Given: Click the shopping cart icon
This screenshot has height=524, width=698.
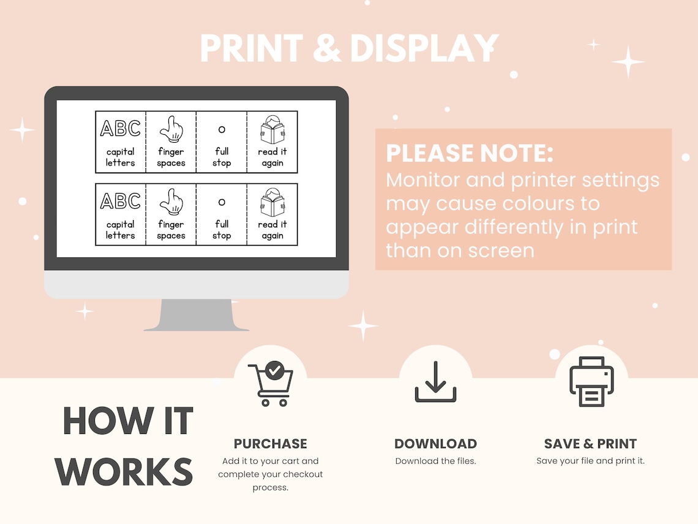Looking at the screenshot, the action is coord(271,384).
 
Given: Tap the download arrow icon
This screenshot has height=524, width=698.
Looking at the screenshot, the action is coord(435,382).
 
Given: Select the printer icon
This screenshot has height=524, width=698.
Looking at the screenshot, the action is coord(591,381).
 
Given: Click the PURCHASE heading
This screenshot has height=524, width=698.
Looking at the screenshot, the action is coord(270,444).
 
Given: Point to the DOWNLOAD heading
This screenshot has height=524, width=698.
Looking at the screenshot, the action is coord(435,444).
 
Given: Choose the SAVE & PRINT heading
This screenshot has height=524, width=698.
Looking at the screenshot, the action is coord(590,444).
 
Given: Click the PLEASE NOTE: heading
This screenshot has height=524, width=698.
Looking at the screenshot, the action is coord(469,153).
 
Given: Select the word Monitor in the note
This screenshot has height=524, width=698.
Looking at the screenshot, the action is coord(423,180).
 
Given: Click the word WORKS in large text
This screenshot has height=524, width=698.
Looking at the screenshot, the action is coord(124,472).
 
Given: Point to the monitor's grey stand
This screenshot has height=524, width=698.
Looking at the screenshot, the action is coord(197,314).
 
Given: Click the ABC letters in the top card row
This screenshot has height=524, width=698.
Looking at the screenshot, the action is coord(120,128).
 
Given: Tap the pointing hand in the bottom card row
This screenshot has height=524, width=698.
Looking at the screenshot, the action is coord(171,202).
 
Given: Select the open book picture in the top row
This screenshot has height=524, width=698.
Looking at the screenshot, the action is coord(272,130).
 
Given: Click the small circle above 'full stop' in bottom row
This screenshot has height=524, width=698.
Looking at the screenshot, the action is coord(222,202).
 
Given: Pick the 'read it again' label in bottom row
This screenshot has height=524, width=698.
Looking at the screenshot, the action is coord(272,229).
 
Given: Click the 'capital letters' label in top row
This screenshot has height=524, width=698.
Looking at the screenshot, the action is coord(120,157).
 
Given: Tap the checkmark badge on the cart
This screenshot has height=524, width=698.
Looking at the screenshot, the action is coord(275,370).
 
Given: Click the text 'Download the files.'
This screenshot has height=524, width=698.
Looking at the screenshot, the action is coord(435,461).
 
